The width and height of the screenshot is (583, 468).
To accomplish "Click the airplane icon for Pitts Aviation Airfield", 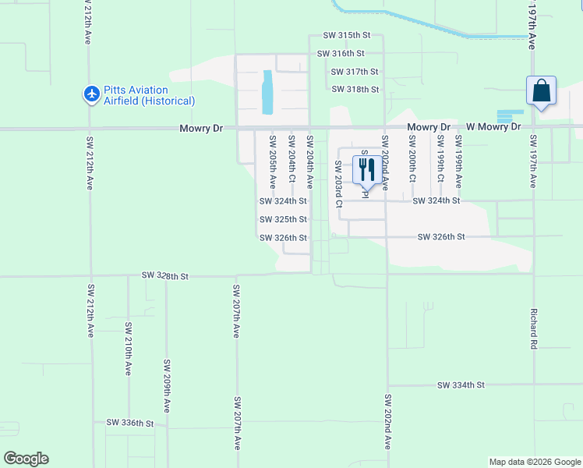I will point(92,94).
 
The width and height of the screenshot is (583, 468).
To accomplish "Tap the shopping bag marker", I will point(541,91).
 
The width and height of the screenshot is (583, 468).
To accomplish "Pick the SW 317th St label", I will point(355,71).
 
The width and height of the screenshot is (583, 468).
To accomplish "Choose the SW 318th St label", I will point(355,89).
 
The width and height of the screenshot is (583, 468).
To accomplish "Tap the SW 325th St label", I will point(283,219).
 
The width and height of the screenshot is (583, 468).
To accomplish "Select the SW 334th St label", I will point(461,385).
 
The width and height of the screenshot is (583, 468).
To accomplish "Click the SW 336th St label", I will point(130,423).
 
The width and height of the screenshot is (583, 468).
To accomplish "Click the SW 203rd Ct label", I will point(338,184).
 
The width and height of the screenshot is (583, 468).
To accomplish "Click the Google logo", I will point(26,459).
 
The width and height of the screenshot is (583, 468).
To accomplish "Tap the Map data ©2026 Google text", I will point(535,462).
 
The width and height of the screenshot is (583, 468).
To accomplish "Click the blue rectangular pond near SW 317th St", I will point(269,91).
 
